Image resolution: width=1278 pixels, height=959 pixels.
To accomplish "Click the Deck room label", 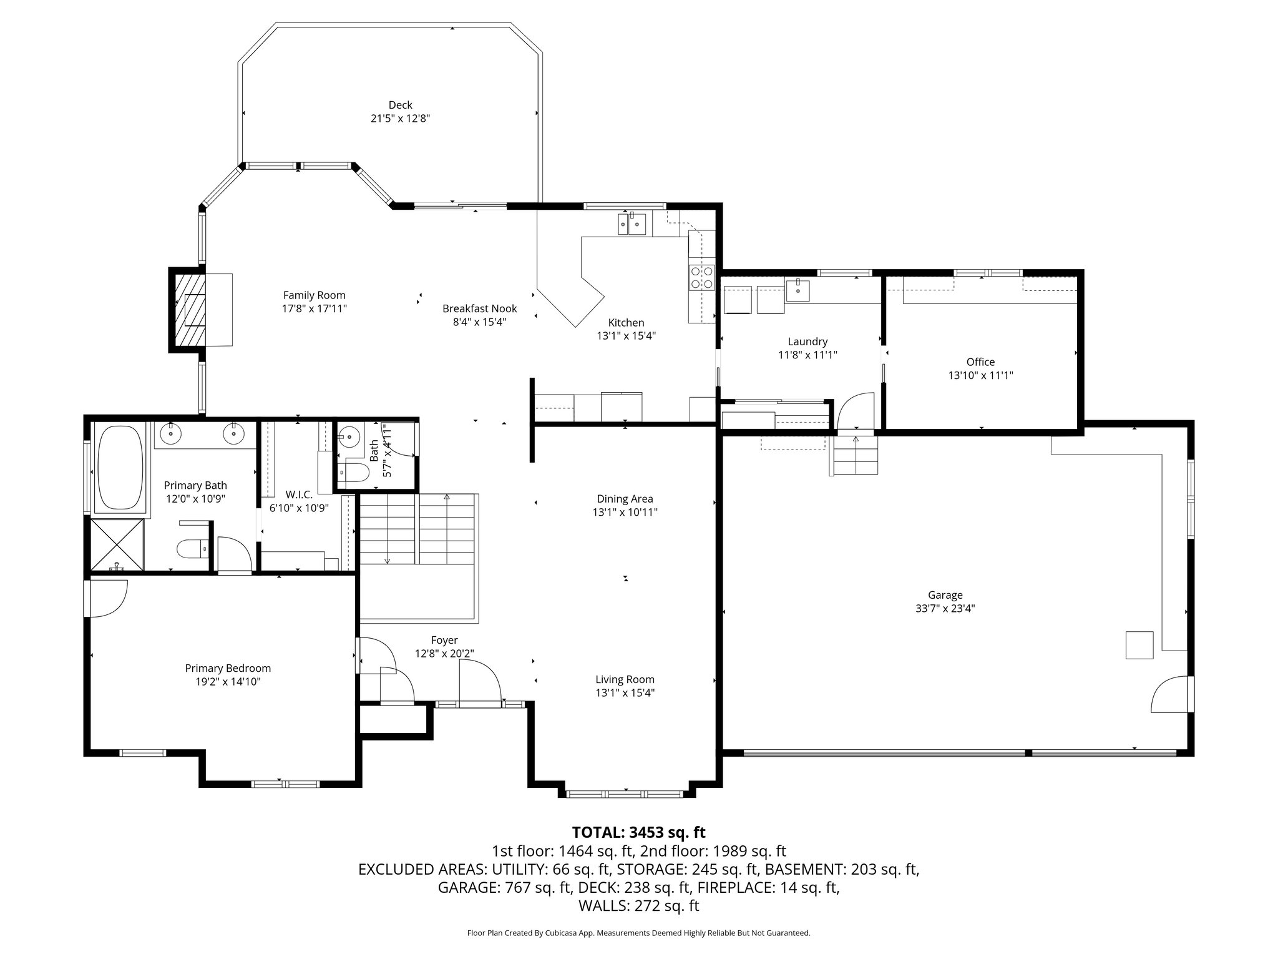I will pyautogui.click(x=400, y=105).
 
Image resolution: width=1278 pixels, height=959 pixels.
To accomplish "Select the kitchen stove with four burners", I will pyautogui.click(x=701, y=277).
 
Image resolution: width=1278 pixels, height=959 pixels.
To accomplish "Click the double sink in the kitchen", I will pyautogui.click(x=631, y=224).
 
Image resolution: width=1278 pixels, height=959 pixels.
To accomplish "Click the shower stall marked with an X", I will pyautogui.click(x=117, y=544).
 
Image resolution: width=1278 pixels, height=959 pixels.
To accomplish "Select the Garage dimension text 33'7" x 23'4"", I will pyautogui.click(x=945, y=609).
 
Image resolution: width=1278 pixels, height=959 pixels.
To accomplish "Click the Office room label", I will pyautogui.click(x=980, y=361).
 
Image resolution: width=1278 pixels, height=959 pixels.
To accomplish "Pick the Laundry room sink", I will pyautogui.click(x=798, y=290).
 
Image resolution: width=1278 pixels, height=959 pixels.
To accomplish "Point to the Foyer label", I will pyautogui.click(x=444, y=640).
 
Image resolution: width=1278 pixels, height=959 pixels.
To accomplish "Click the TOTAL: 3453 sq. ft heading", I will pyautogui.click(x=638, y=832).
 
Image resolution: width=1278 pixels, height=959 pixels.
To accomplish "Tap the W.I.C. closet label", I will pyautogui.click(x=299, y=494).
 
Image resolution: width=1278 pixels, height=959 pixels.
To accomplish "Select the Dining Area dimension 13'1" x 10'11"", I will pyautogui.click(x=625, y=512).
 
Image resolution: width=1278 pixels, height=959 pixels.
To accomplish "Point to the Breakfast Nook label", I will pyautogui.click(x=479, y=308).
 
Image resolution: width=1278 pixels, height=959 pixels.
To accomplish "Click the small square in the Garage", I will pyautogui.click(x=1139, y=645).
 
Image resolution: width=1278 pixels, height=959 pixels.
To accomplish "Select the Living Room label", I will pyautogui.click(x=625, y=679).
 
